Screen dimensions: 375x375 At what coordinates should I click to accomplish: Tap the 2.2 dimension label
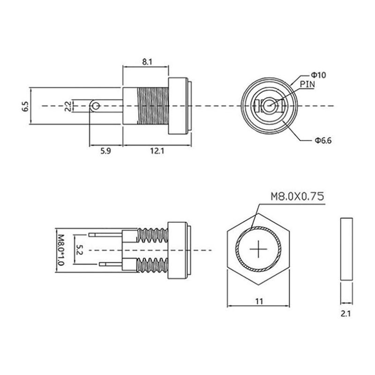[x=68, y=106]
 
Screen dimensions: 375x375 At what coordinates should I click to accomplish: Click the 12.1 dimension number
[x=146, y=151]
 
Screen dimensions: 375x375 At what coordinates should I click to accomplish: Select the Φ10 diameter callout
[x=318, y=75]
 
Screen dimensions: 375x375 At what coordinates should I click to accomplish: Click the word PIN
[x=307, y=84]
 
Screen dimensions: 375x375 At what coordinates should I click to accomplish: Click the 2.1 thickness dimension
[x=346, y=315]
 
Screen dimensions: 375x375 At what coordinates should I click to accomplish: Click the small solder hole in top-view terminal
[x=96, y=106]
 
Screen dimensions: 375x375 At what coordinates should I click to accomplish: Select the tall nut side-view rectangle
[x=346, y=249]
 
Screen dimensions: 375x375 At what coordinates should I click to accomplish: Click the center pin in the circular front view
[x=269, y=106]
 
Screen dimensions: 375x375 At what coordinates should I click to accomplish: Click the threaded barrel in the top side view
[x=153, y=106]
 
